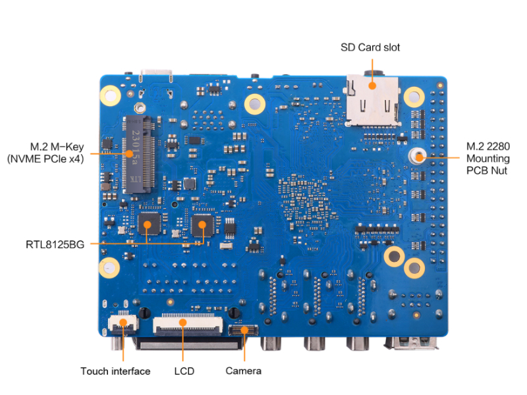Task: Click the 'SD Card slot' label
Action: pyautogui.click(x=370, y=47)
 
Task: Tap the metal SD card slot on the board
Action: pyautogui.click(x=373, y=100)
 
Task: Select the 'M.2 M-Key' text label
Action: pyautogui.click(x=56, y=145)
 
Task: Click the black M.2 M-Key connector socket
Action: pyautogui.click(x=138, y=155)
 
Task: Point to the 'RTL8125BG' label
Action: pyautogui.click(x=56, y=244)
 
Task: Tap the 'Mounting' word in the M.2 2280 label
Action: pyautogui.click(x=487, y=158)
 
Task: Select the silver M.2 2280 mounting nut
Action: pyautogui.click(x=418, y=156)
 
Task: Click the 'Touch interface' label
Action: pyautogui.click(x=115, y=371)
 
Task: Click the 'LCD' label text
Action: pyautogui.click(x=184, y=371)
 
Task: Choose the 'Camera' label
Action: pyautogui.click(x=244, y=371)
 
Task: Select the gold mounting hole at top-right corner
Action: pyautogui.click(x=414, y=97)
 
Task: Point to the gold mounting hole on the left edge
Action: pyautogui.click(x=108, y=267)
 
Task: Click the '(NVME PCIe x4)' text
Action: pyautogui.click(x=45, y=159)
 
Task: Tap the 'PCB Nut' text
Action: pyautogui.click(x=487, y=170)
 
